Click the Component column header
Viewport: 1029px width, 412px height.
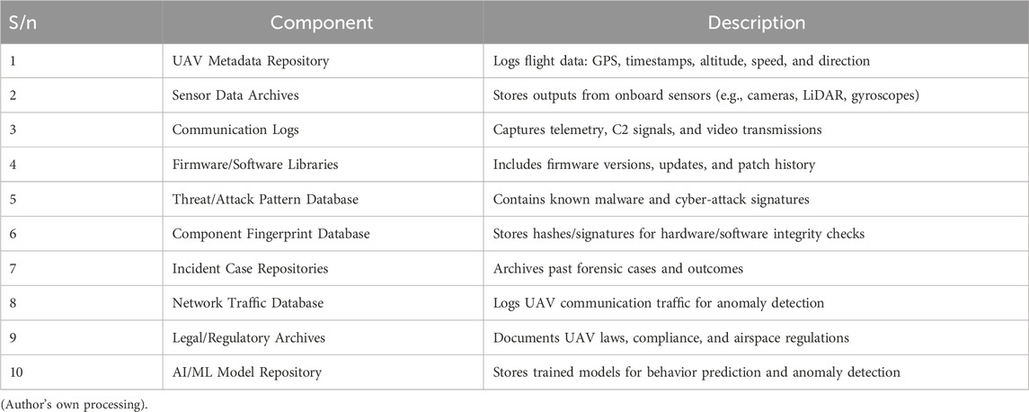pyautogui.click(x=321, y=22)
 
